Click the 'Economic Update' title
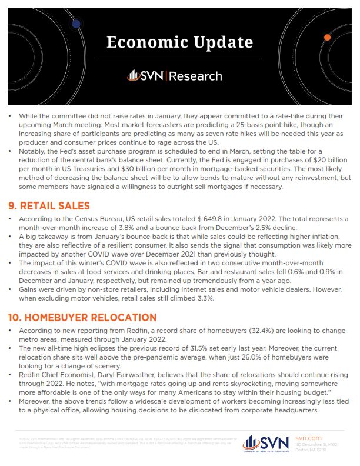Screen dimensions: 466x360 point(180,43)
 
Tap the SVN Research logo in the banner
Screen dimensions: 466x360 point(175,76)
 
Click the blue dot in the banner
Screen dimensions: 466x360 point(76,24)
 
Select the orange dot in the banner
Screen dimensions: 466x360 point(327,37)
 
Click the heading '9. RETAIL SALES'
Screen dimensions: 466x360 point(49,206)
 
